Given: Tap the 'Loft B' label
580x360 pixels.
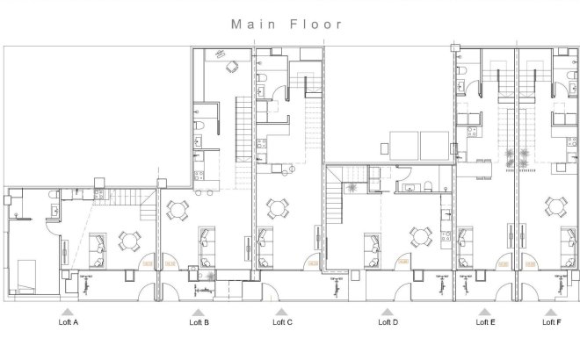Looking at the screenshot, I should pyautogui.click(x=199, y=322).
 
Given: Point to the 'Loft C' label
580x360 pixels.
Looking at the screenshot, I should pyautogui.click(x=282, y=322).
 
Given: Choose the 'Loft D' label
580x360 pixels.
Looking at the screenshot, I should pyautogui.click(x=388, y=322).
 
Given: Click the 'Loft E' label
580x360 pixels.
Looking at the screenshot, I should pyautogui.click(x=484, y=322).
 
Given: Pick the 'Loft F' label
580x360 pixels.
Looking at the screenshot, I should pyautogui.click(x=551, y=322).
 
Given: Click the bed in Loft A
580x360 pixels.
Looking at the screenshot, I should pyautogui.click(x=24, y=274).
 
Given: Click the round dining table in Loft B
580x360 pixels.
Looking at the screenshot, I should pyautogui.click(x=178, y=210).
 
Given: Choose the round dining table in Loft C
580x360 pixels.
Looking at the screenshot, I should pyautogui.click(x=279, y=209).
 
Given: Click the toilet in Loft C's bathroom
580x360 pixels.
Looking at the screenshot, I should pyautogui.click(x=263, y=86).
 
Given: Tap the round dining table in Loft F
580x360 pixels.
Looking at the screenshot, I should pyautogui.click(x=555, y=207).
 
